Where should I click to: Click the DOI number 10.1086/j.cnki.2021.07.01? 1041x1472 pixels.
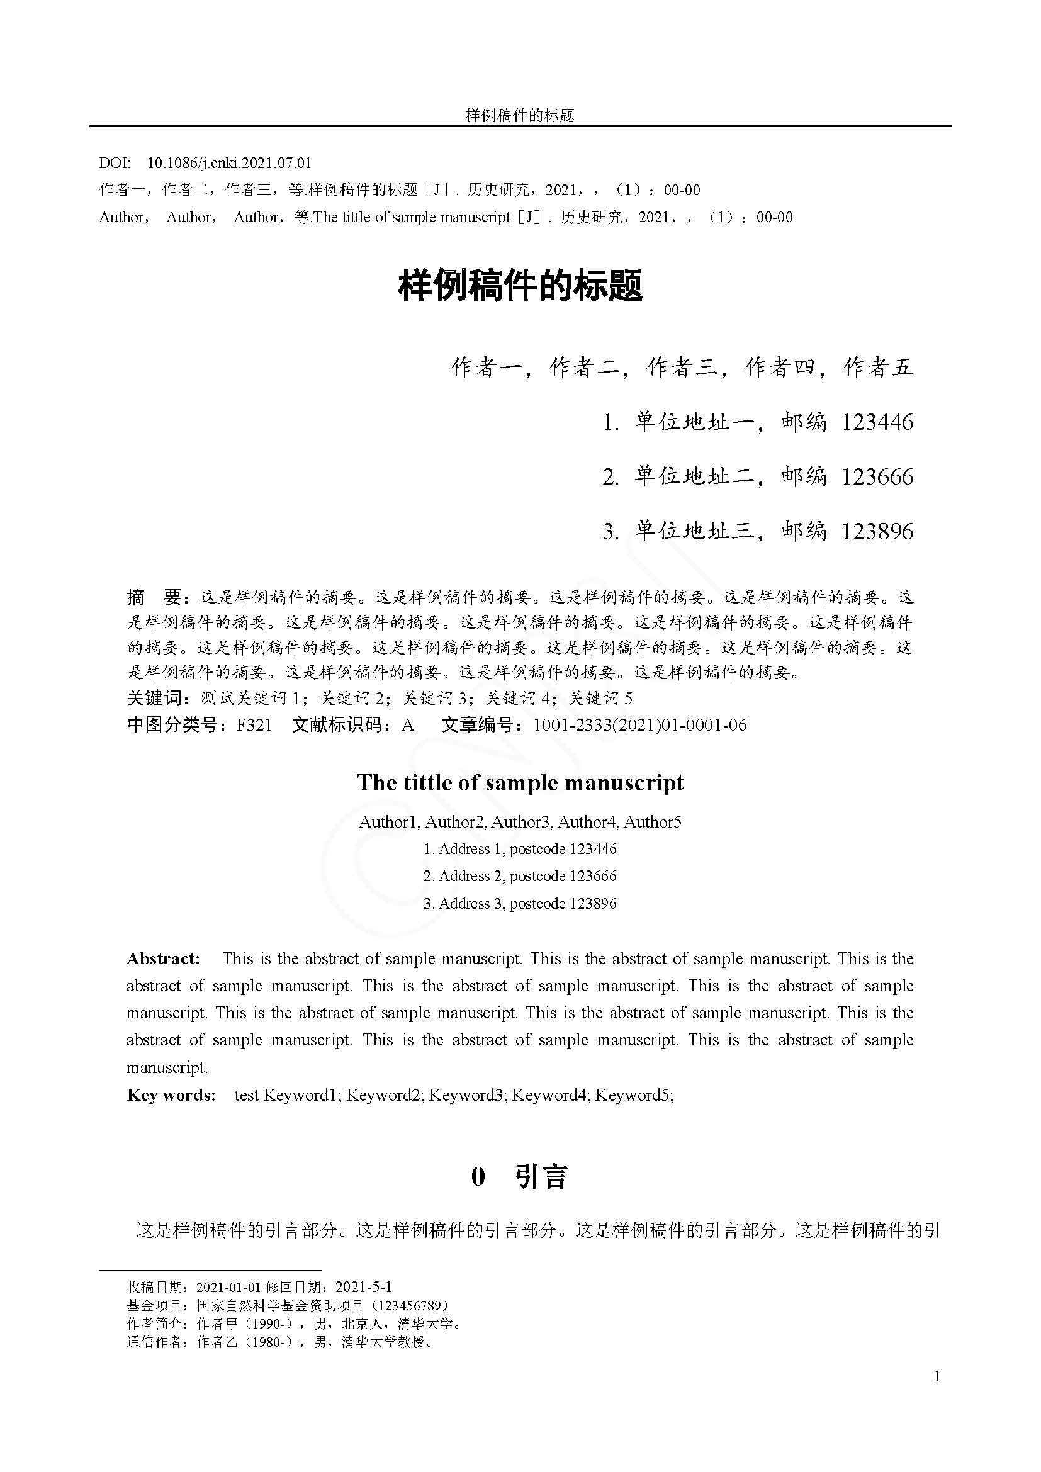pyautogui.click(x=229, y=163)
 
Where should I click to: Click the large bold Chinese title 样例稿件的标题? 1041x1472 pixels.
pyautogui.click(x=520, y=286)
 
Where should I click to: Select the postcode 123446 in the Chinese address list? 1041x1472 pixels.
pyautogui.click(x=877, y=422)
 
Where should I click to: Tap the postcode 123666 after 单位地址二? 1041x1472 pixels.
pyautogui.click(x=877, y=477)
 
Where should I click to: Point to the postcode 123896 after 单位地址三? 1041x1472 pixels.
pyautogui.click(x=877, y=532)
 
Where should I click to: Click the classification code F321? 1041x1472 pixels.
pyautogui.click(x=254, y=725)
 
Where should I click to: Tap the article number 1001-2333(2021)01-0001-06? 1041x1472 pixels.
pyautogui.click(x=639, y=725)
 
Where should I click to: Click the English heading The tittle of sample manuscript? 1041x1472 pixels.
pyautogui.click(x=520, y=783)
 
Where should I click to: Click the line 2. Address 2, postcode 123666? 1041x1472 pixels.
pyautogui.click(x=520, y=876)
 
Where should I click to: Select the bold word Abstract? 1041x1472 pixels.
pyautogui.click(x=164, y=959)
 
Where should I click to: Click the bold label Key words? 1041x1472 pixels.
pyautogui.click(x=171, y=1095)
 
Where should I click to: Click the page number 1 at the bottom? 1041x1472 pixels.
pyautogui.click(x=938, y=1376)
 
